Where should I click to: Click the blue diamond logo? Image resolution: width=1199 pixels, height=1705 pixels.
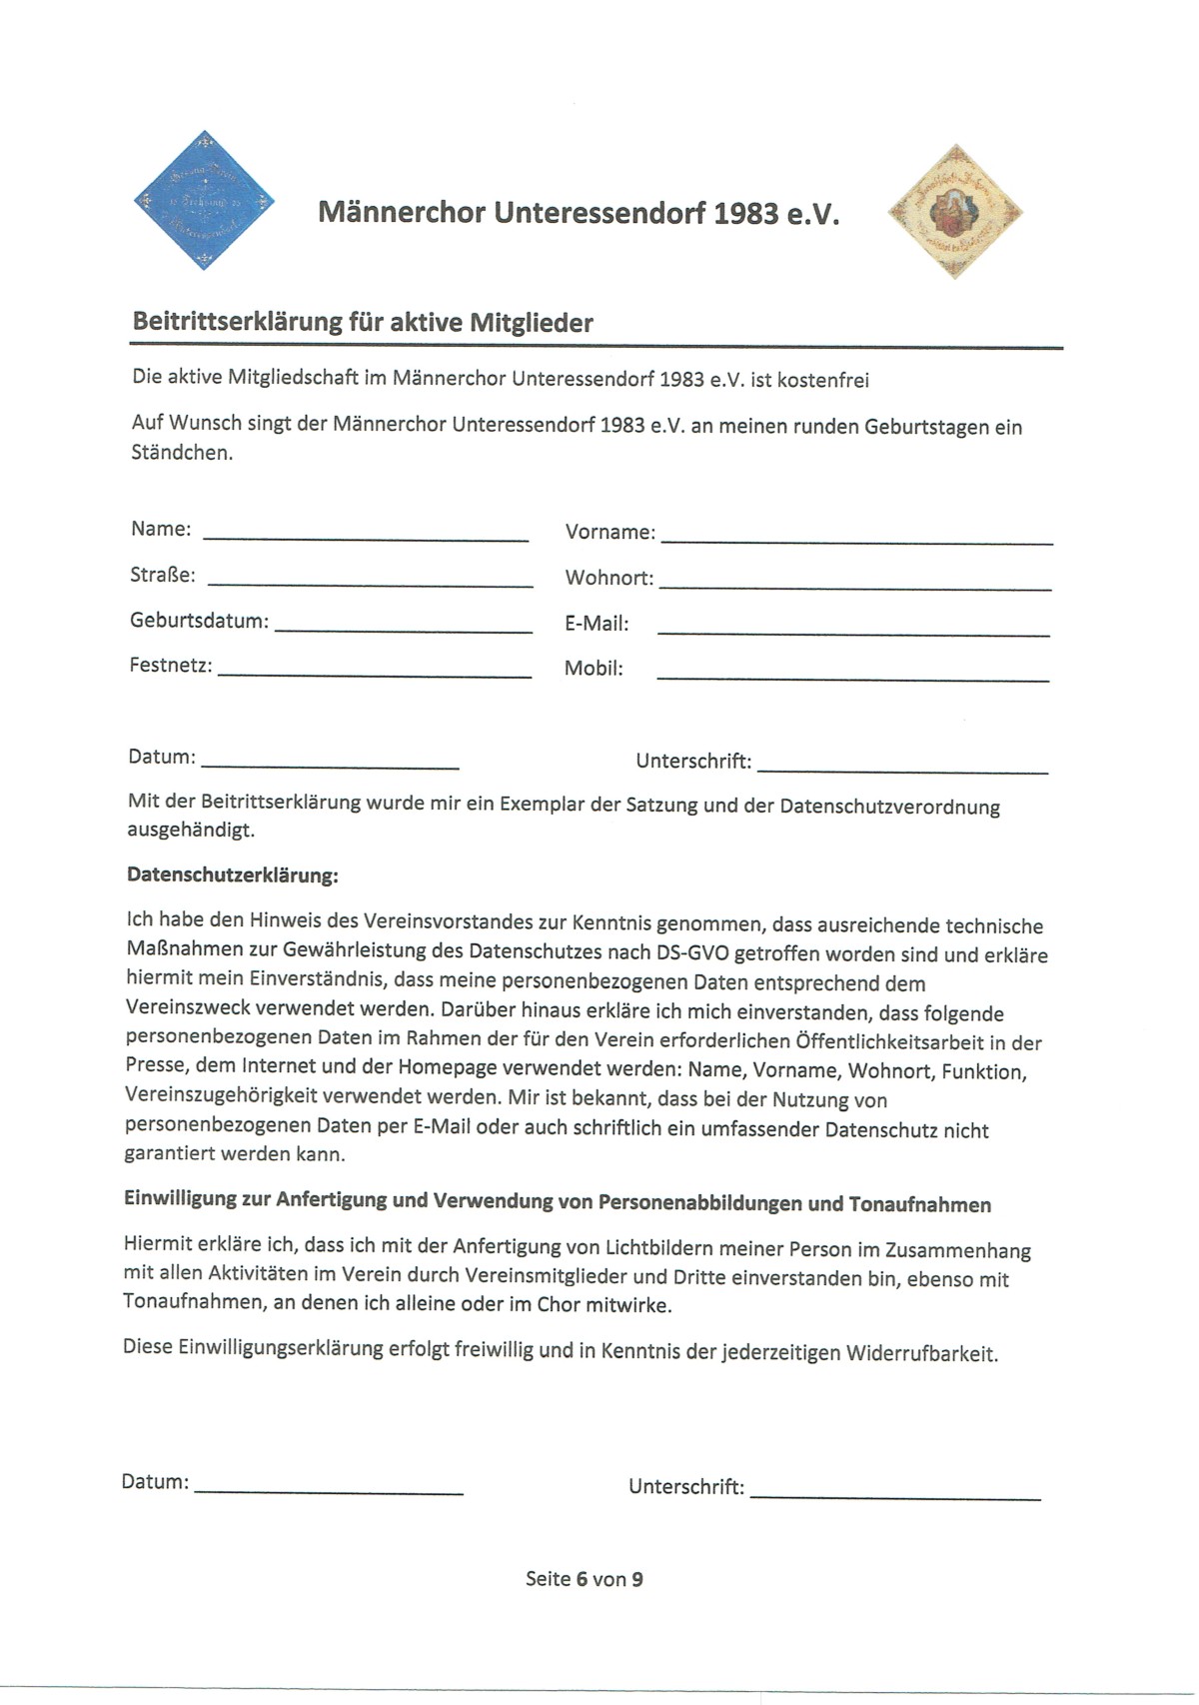[x=204, y=200]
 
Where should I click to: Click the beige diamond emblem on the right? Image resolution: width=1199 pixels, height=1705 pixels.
[x=954, y=211]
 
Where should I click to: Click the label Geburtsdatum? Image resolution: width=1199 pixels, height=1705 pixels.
[x=199, y=621]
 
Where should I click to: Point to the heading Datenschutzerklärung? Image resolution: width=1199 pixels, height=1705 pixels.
[x=233, y=875]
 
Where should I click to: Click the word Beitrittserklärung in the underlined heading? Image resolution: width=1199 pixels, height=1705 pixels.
[x=237, y=323]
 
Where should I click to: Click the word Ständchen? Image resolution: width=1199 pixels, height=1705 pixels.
[x=182, y=453]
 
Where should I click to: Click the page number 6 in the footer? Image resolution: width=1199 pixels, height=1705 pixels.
[x=581, y=1579]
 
